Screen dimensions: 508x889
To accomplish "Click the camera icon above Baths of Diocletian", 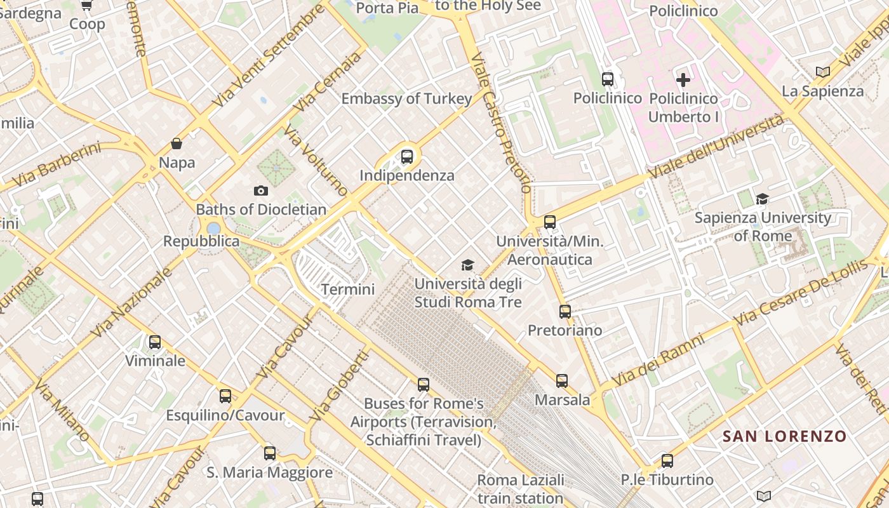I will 260,190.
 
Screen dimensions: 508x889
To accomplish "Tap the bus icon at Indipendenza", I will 407,156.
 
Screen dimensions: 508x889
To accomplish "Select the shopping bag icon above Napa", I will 177,144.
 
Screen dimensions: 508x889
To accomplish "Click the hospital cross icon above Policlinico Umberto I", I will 683,80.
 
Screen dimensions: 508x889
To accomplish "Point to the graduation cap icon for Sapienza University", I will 762,199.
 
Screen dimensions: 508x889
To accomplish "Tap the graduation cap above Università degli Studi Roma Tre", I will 468,265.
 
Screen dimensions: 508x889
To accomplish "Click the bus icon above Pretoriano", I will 565,311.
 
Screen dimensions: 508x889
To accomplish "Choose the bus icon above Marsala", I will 562,381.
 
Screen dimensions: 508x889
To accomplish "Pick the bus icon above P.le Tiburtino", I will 667,461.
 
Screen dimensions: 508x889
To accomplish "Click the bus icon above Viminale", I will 155,342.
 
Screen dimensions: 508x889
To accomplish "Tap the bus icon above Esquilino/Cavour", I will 225,396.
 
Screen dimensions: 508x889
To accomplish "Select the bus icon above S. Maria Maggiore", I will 270,453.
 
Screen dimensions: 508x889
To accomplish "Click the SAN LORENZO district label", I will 785,436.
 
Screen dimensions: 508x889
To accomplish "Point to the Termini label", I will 348,290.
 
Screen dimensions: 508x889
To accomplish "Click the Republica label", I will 201,241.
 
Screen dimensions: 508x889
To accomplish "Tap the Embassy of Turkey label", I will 407,98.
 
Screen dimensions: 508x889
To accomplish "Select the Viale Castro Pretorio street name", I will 502,121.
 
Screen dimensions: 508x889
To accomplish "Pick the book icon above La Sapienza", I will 823,72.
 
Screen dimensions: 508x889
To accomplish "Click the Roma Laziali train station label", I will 521,489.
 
